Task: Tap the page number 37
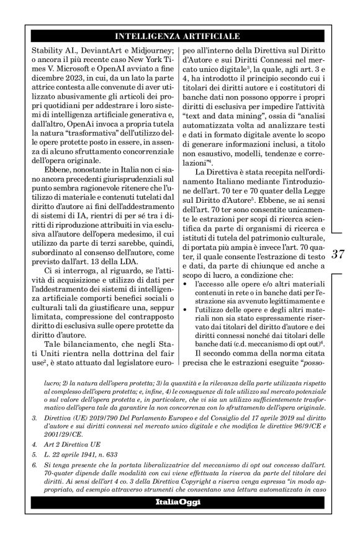pyautogui.click(x=338, y=254)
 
